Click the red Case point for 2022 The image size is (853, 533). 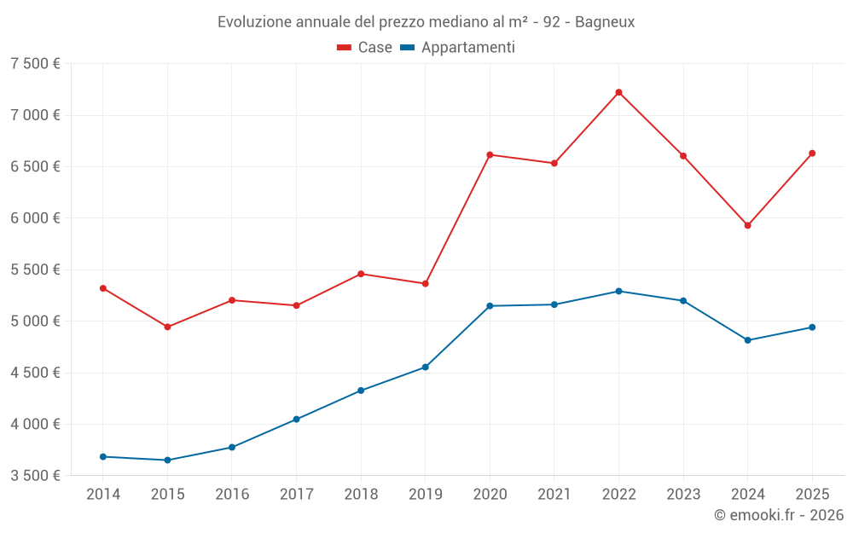click(x=618, y=92)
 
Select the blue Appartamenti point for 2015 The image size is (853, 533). click(x=167, y=461)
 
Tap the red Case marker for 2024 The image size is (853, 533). click(x=747, y=225)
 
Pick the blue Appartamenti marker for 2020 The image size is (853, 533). click(x=490, y=306)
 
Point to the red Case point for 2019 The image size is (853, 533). click(x=425, y=283)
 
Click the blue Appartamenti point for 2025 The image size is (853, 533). click(x=812, y=327)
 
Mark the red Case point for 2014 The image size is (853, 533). click(x=103, y=288)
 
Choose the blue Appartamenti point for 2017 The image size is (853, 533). click(x=296, y=420)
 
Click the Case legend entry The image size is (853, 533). click(x=364, y=48)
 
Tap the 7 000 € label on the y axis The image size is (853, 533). click(x=35, y=115)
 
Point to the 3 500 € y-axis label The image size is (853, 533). click(x=35, y=476)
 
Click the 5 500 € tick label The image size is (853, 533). click(x=35, y=269)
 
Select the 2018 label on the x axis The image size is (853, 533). click(x=361, y=495)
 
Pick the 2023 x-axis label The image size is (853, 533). click(x=683, y=495)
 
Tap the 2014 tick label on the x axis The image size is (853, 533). click(x=103, y=495)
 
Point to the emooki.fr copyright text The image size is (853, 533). click(x=778, y=515)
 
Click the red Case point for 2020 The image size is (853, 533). click(x=490, y=154)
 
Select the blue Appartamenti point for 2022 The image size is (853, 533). click(x=618, y=291)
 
